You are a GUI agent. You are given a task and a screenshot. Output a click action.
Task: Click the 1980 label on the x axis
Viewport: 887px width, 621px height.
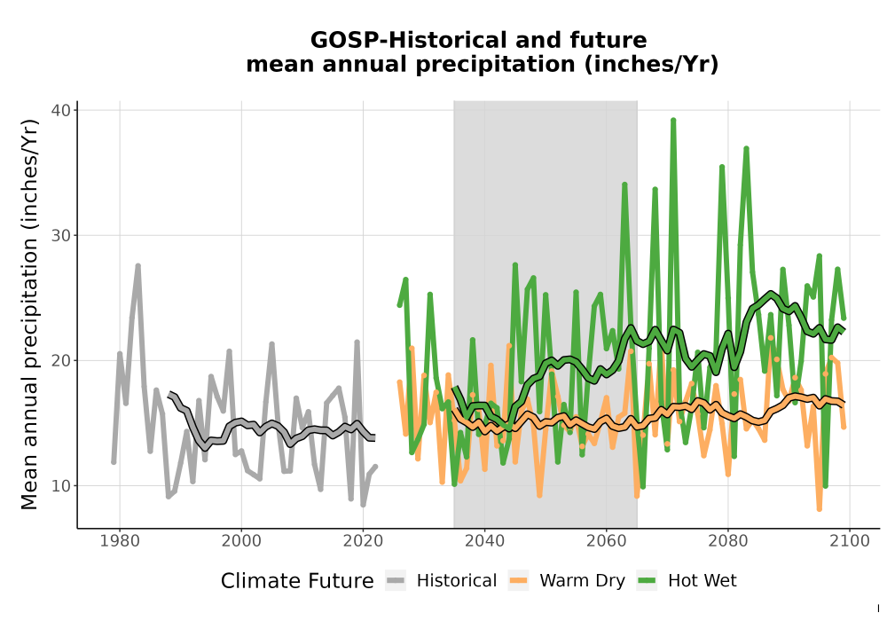(x=120, y=541)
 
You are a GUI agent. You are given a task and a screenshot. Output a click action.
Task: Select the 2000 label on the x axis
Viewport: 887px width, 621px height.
(x=241, y=541)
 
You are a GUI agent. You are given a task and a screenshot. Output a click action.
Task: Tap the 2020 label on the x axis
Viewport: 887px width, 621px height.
(x=363, y=541)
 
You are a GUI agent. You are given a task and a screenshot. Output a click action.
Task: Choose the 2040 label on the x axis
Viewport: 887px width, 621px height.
(x=484, y=541)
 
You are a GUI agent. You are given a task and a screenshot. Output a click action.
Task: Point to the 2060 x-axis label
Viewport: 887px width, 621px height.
(x=606, y=541)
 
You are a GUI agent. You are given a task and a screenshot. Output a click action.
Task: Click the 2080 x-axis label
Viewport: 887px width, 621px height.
(x=728, y=541)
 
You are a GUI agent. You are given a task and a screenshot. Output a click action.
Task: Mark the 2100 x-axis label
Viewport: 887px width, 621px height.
(x=850, y=541)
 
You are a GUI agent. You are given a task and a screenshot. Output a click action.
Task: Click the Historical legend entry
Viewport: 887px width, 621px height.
(x=441, y=581)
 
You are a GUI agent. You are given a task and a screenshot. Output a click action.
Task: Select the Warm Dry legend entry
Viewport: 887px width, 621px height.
(x=567, y=581)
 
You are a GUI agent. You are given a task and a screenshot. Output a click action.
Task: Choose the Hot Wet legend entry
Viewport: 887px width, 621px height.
(x=687, y=581)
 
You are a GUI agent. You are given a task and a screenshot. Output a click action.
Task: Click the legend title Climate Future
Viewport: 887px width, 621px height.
(x=297, y=581)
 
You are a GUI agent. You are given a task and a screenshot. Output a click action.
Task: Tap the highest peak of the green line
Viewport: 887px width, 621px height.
(x=673, y=120)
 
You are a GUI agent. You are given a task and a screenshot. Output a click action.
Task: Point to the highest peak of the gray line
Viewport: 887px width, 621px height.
(x=137, y=265)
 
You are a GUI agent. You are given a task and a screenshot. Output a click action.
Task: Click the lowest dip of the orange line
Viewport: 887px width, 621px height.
(x=819, y=509)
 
